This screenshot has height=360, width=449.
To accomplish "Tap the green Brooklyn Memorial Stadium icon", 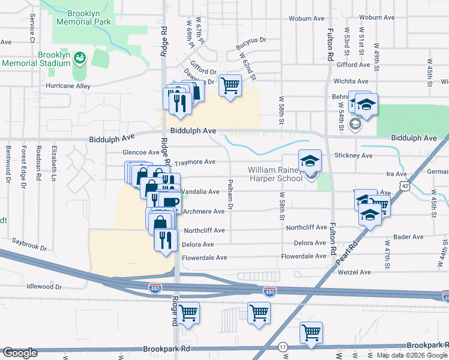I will [x=80, y=58].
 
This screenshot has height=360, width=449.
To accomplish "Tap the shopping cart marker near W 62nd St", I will [x=230, y=86].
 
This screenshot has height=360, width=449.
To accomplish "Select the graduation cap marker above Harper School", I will [x=310, y=161].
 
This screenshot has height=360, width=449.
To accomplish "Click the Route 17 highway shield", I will [x=283, y=347].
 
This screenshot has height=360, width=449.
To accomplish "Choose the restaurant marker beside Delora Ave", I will [x=164, y=240].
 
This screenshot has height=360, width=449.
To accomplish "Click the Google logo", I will [x=20, y=353].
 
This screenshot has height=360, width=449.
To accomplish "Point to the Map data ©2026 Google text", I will [x=412, y=355].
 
